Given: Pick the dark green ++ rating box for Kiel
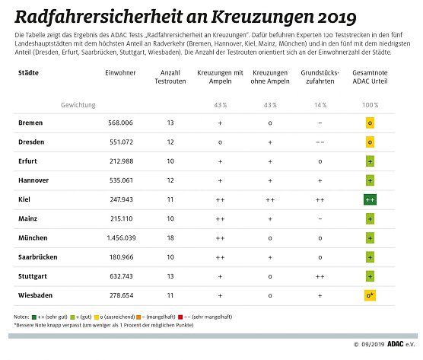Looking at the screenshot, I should pos(370,199).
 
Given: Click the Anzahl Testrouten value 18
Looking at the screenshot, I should pos(170,238).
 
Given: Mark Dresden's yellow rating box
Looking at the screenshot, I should pos(370,142).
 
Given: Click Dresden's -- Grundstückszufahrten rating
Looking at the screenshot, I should pos(320,142).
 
